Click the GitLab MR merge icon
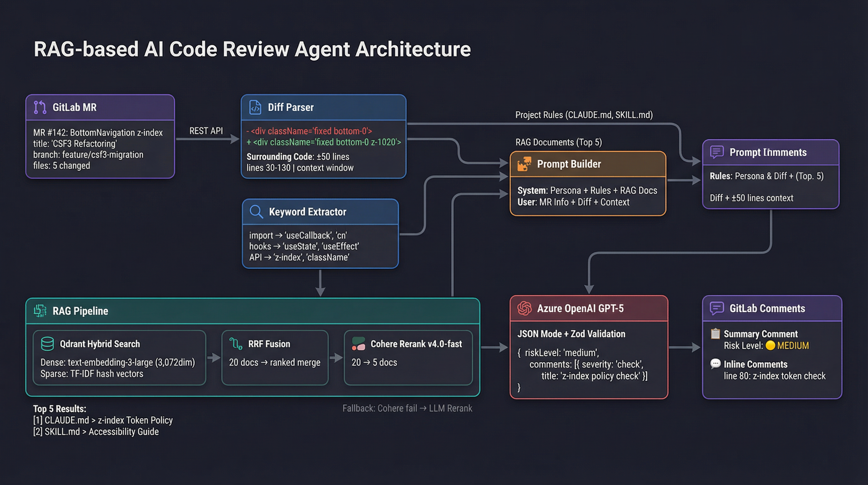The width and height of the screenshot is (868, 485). pyautogui.click(x=40, y=107)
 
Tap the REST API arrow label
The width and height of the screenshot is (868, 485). pyautogui.click(x=206, y=131)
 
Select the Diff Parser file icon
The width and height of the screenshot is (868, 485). pyautogui.click(x=255, y=107)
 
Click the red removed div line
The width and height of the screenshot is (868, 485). pyautogui.click(x=309, y=131)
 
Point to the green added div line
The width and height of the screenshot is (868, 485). pyautogui.click(x=324, y=142)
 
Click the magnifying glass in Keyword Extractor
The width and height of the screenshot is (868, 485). pyautogui.click(x=256, y=212)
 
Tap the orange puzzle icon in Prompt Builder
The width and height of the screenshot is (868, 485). pyautogui.click(x=524, y=164)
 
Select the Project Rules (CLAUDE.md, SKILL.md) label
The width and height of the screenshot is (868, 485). pyautogui.click(x=584, y=115)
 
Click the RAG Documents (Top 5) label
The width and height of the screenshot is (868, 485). pyautogui.click(x=558, y=142)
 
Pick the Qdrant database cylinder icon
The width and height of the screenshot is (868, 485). pyautogui.click(x=47, y=344)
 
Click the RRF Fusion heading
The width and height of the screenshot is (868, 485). pyautogui.click(x=269, y=344)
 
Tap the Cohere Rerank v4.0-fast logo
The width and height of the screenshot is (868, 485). pyautogui.click(x=358, y=344)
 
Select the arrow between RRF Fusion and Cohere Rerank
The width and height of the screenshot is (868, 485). pyautogui.click(x=336, y=358)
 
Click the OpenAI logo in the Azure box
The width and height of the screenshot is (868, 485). pyautogui.click(x=524, y=308)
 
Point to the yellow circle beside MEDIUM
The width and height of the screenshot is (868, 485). pyautogui.click(x=770, y=345)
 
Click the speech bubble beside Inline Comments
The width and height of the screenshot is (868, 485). pyautogui.click(x=715, y=363)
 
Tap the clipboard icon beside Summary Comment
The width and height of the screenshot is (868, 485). pyautogui.click(x=715, y=333)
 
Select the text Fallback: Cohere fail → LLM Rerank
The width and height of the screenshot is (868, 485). pyautogui.click(x=407, y=409)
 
